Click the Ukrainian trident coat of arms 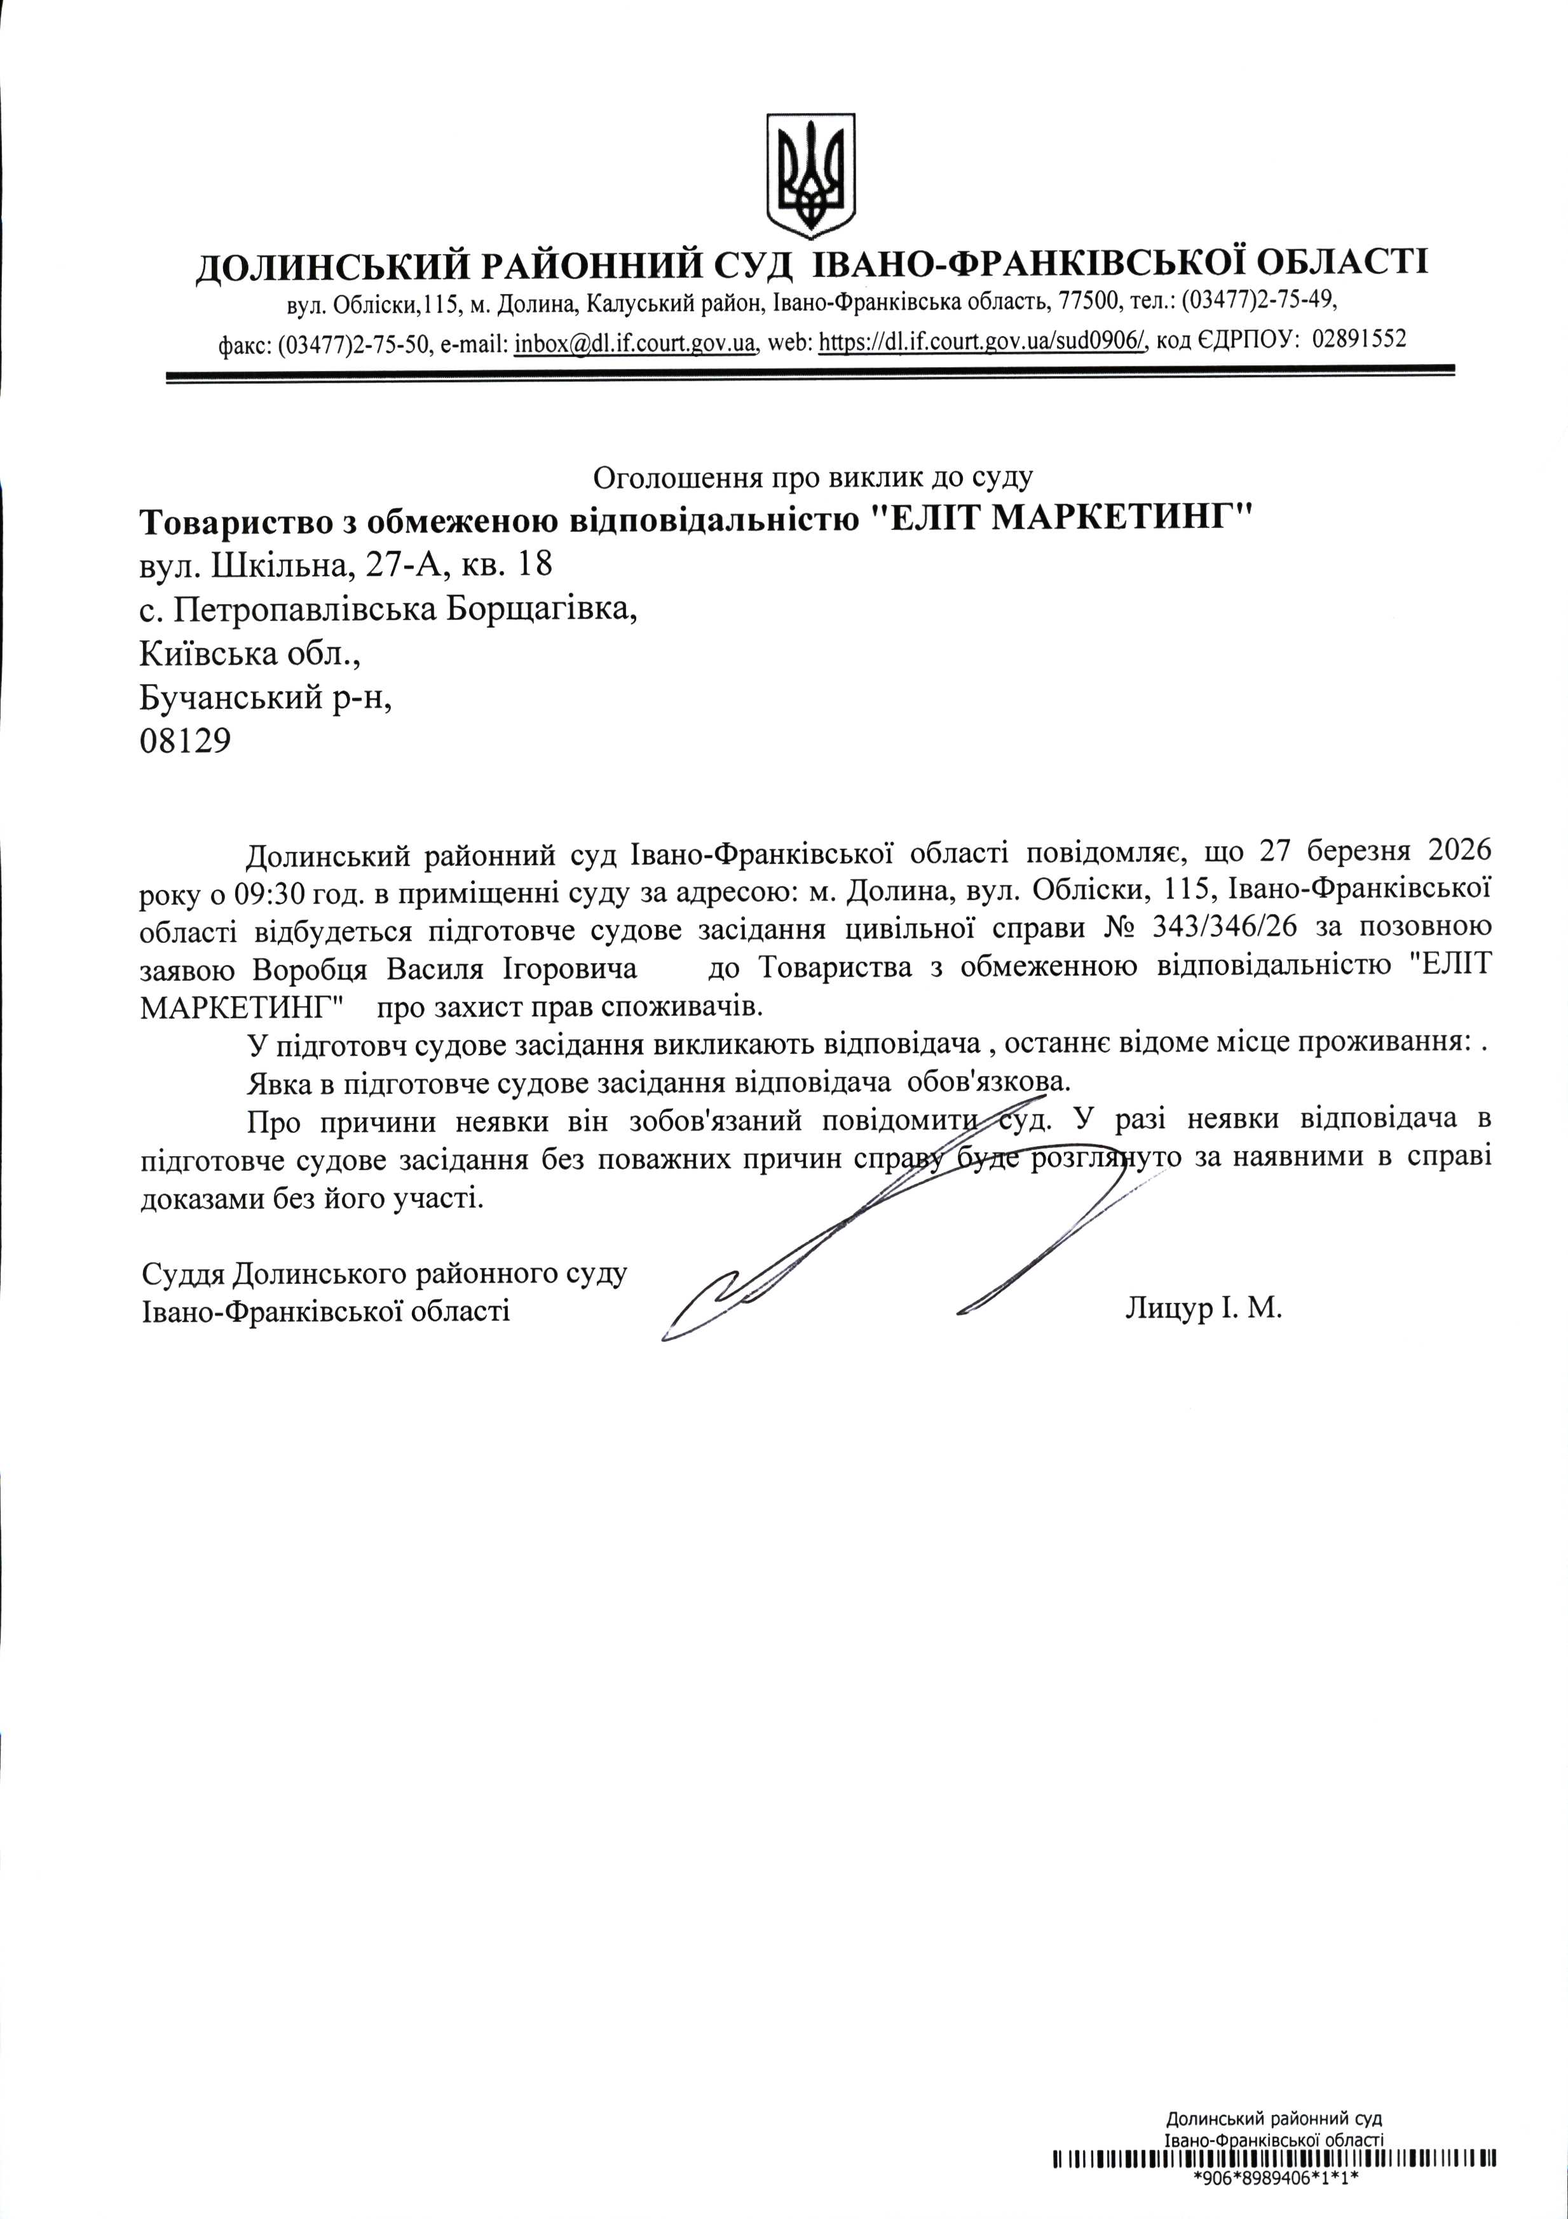pyautogui.click(x=811, y=176)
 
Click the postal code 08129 pyautogui.click(x=186, y=741)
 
